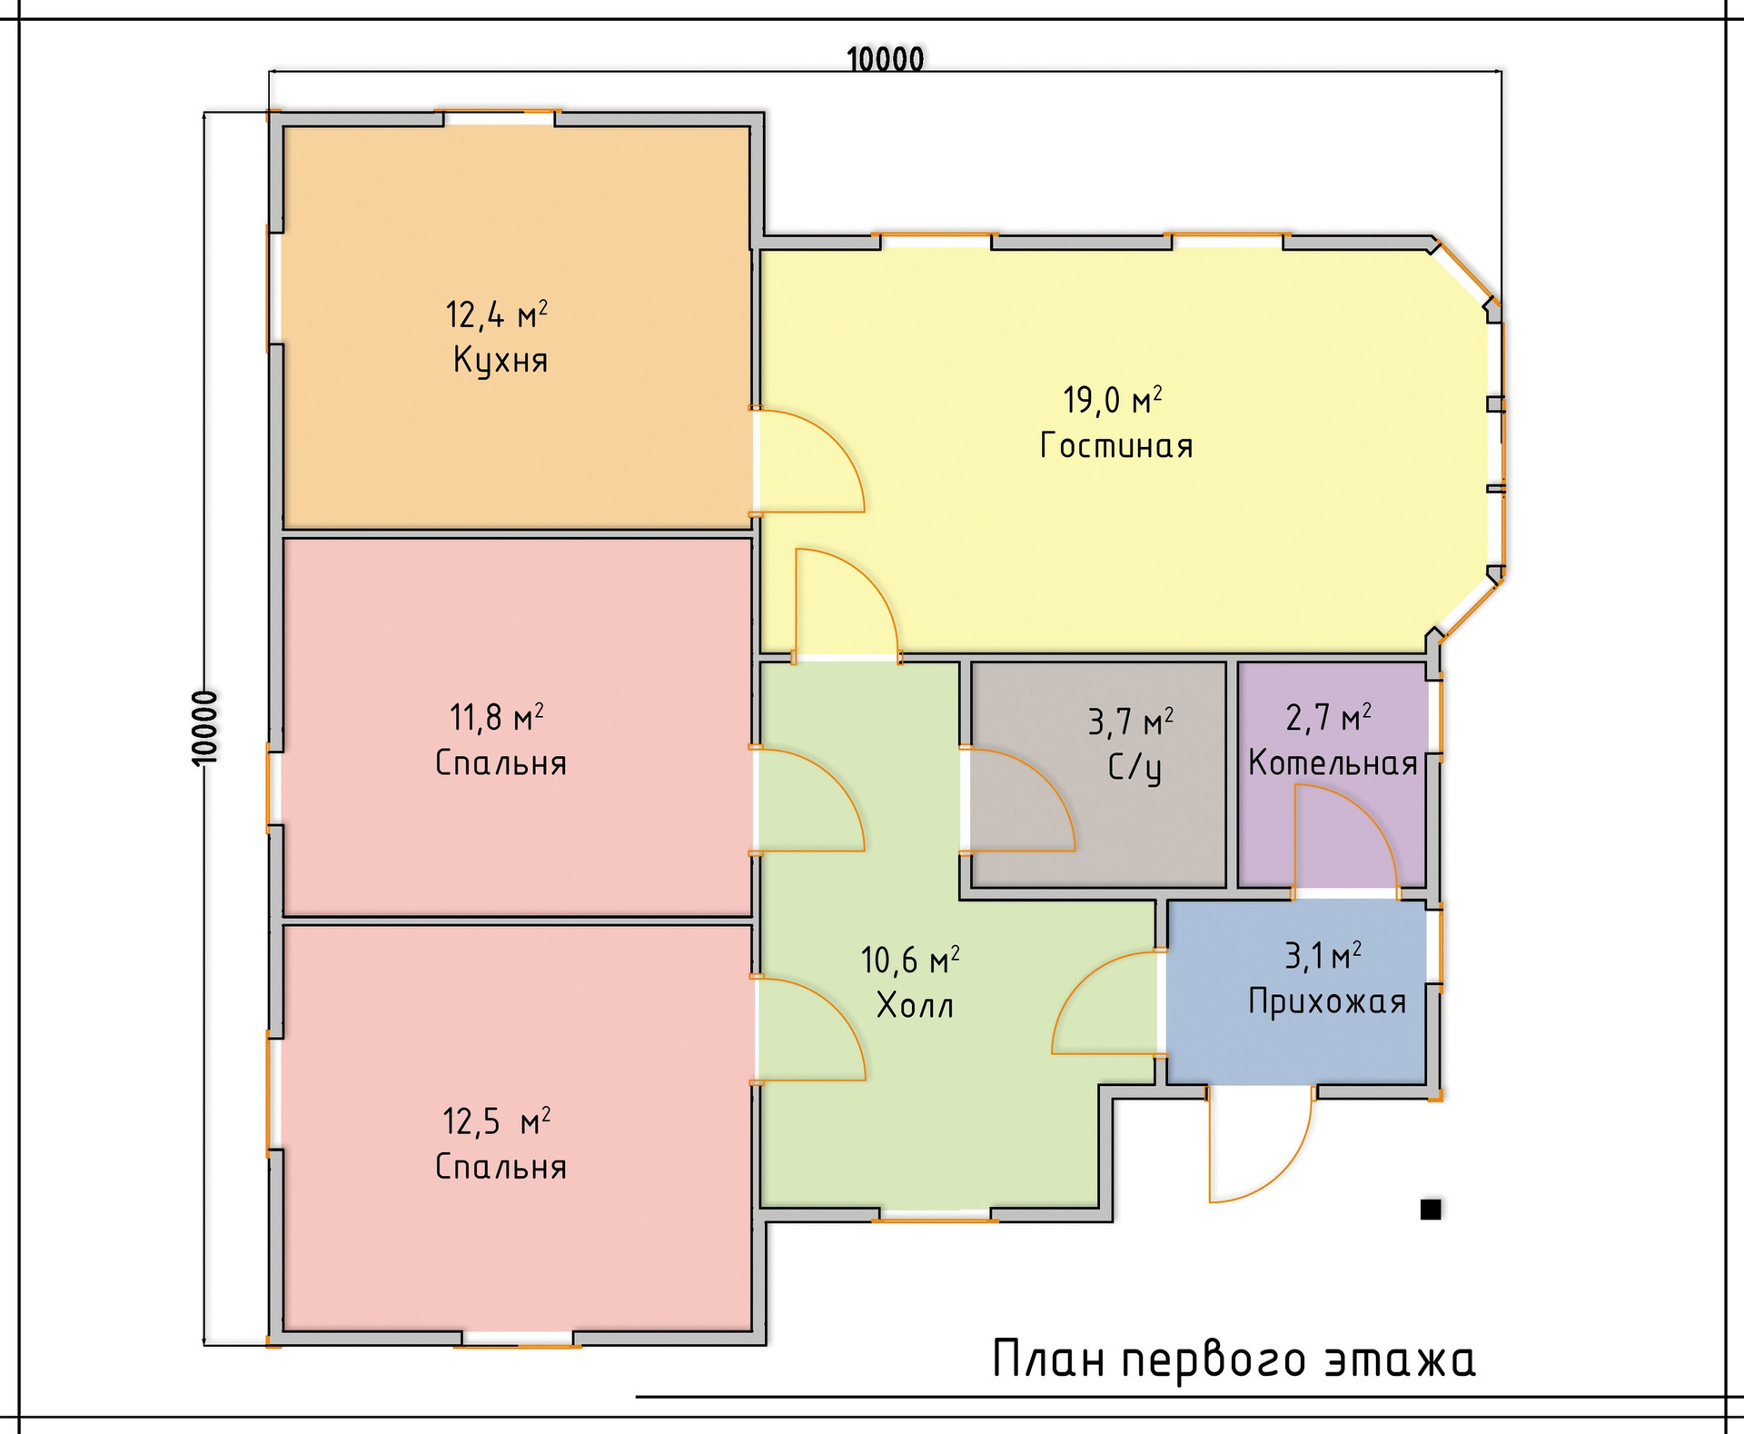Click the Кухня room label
click(500, 361)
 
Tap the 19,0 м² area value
click(1113, 400)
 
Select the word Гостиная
click(1116, 445)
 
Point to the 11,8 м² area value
click(497, 718)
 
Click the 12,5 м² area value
click(497, 1121)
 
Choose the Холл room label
click(915, 1005)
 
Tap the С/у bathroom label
click(1135, 768)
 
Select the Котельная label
click(1333, 762)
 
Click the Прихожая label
click(1327, 1001)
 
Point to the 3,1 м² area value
click(1323, 956)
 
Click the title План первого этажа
click(1234, 1360)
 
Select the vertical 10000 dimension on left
click(206, 728)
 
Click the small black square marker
click(1431, 1210)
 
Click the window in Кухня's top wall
click(499, 116)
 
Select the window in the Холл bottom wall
click(935, 1215)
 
